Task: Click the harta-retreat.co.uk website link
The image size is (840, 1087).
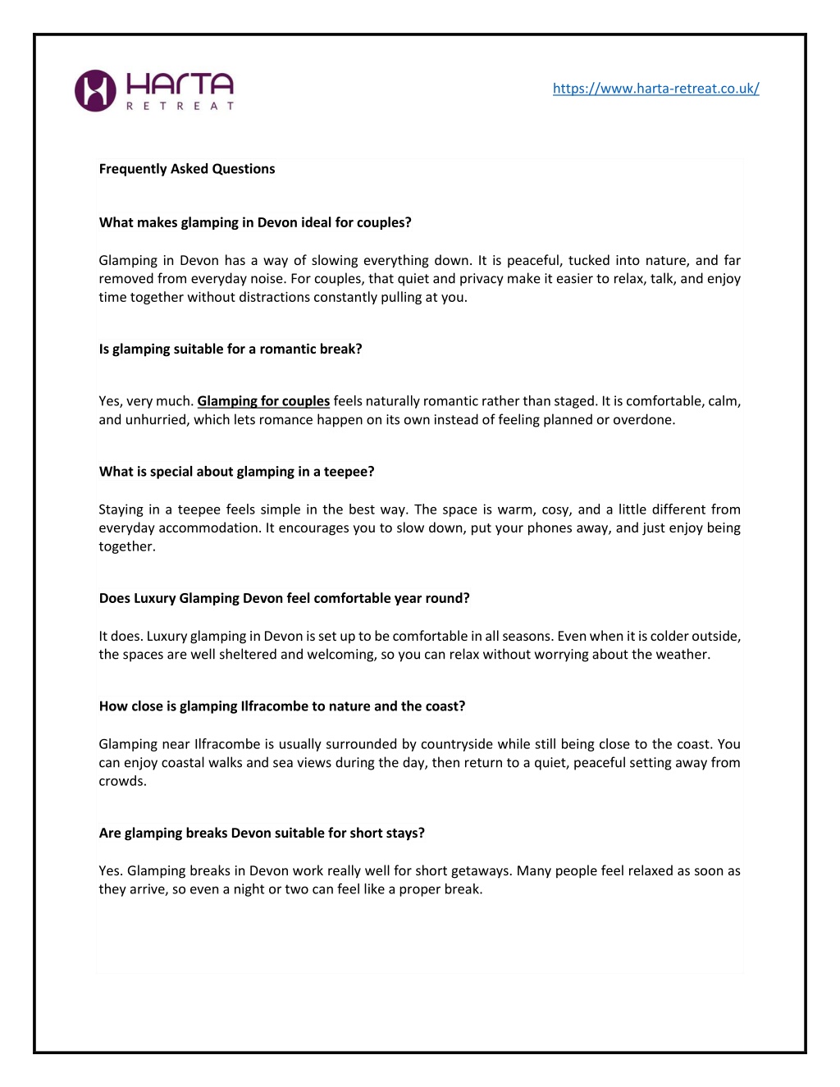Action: pyautogui.click(x=655, y=89)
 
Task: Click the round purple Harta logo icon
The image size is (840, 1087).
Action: pyautogui.click(x=95, y=90)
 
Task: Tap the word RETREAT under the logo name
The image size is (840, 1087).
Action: pyautogui.click(x=180, y=106)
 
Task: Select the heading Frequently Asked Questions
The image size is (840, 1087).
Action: pyautogui.click(x=187, y=169)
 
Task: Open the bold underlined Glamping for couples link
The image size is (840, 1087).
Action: pyautogui.click(x=263, y=401)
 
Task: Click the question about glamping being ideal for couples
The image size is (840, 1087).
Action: pyautogui.click(x=255, y=222)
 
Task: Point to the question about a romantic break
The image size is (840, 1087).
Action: pyautogui.click(x=231, y=349)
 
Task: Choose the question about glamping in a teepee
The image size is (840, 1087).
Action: pyautogui.click(x=236, y=472)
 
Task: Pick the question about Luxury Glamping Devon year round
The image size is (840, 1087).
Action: pyautogui.click(x=284, y=598)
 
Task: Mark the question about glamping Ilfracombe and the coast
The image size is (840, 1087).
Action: pyautogui.click(x=282, y=706)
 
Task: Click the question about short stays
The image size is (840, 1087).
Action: pyautogui.click(x=262, y=833)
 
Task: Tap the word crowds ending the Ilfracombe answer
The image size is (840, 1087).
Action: pyautogui.click(x=121, y=781)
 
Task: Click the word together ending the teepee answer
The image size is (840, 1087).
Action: pyautogui.click(x=127, y=546)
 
